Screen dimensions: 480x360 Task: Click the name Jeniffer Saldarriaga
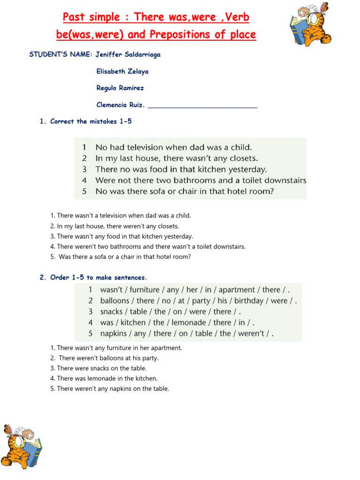128,54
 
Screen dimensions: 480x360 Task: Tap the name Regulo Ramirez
120,88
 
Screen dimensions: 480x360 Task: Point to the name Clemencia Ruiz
120,105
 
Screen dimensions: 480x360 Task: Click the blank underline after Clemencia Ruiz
202,106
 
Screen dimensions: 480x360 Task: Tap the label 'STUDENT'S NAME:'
60,54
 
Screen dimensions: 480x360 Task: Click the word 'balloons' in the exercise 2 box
114,301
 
